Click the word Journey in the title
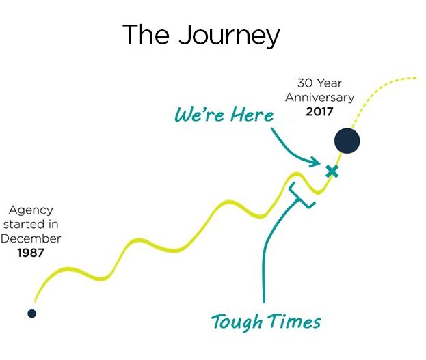tap(229, 36)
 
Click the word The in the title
tap(146, 34)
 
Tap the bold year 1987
tap(31, 253)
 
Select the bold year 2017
tap(319, 111)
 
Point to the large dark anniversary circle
tap(347, 141)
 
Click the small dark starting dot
tap(31, 314)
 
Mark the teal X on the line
tap(332, 171)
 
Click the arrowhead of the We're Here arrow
tap(317, 162)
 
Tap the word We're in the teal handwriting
tap(200, 114)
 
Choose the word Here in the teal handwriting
tap(252, 114)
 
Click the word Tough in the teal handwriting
tap(237, 322)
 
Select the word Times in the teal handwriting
tap(295, 321)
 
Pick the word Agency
tap(31, 210)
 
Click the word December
tap(31, 238)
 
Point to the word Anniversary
tap(320, 98)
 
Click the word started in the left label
tap(24, 225)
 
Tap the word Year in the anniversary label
tap(330, 83)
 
